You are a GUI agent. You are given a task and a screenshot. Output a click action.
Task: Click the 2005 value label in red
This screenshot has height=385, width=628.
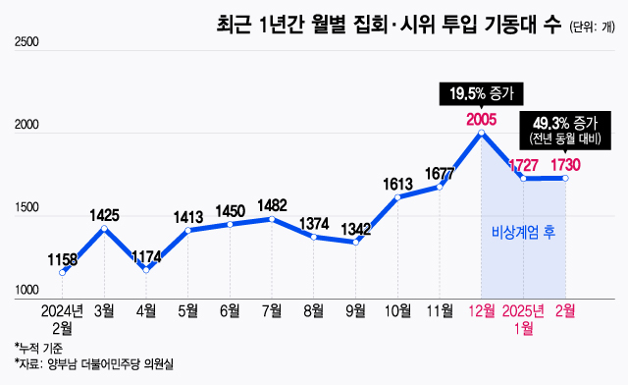[x=482, y=120]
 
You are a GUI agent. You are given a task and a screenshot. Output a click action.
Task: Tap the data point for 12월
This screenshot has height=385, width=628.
[x=482, y=133]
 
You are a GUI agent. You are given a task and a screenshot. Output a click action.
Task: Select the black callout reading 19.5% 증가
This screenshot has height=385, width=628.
[x=481, y=94]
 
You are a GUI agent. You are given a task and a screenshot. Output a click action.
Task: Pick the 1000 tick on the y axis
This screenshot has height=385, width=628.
[x=26, y=291]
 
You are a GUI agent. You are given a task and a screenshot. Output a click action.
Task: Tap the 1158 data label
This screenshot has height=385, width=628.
[x=63, y=259]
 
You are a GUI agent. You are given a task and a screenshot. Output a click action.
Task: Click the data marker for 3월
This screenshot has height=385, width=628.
[x=104, y=228]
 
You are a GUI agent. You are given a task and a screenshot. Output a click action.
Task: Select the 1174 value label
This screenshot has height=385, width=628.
[x=146, y=256]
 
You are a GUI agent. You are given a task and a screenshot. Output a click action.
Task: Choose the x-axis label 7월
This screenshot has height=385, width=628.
[x=272, y=311]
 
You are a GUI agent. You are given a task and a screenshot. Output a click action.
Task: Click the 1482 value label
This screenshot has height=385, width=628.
[x=272, y=205]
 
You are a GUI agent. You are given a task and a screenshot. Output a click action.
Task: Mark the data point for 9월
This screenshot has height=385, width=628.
[x=355, y=242]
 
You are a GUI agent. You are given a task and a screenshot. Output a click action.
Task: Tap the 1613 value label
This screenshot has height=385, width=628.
[x=397, y=184]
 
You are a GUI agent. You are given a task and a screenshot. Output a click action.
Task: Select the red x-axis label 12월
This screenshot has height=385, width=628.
[x=482, y=311]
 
